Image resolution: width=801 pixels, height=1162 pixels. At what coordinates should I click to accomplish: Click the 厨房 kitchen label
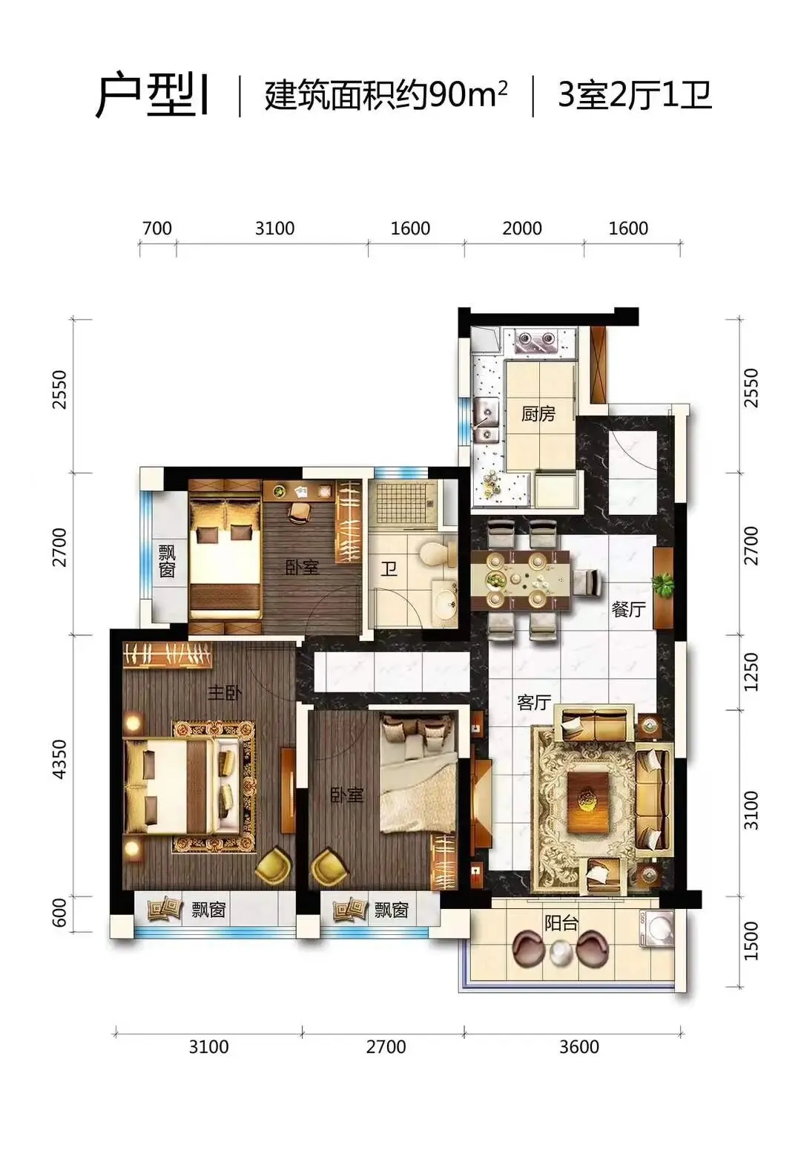pos(538,413)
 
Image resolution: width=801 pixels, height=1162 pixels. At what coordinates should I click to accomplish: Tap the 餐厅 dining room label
pos(628,608)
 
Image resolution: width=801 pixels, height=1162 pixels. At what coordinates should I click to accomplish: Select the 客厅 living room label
pos(534,702)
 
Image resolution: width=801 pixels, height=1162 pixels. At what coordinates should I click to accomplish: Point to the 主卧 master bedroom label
pos(224,692)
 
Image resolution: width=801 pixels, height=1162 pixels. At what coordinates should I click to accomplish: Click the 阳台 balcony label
pos(561,923)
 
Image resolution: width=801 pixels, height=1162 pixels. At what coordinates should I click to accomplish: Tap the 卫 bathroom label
pos(389,569)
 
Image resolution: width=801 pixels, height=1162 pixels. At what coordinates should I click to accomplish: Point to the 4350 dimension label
pos(60,759)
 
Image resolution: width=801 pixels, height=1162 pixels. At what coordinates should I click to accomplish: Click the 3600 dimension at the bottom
pos(578,1046)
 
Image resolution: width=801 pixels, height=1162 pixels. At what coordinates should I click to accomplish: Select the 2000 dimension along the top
pos(521,228)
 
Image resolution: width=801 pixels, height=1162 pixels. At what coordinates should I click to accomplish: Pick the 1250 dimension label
pos(751,672)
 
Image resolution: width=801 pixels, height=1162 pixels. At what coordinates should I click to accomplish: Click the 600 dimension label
pos(60,912)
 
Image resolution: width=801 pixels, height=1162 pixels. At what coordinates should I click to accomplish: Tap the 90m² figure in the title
pos(467,95)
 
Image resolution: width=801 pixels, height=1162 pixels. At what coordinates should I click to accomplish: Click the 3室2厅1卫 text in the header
pos(635,96)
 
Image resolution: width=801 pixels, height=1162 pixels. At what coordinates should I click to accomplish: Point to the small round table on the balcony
pos(560,952)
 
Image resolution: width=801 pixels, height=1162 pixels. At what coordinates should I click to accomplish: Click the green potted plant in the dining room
pos(662,585)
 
